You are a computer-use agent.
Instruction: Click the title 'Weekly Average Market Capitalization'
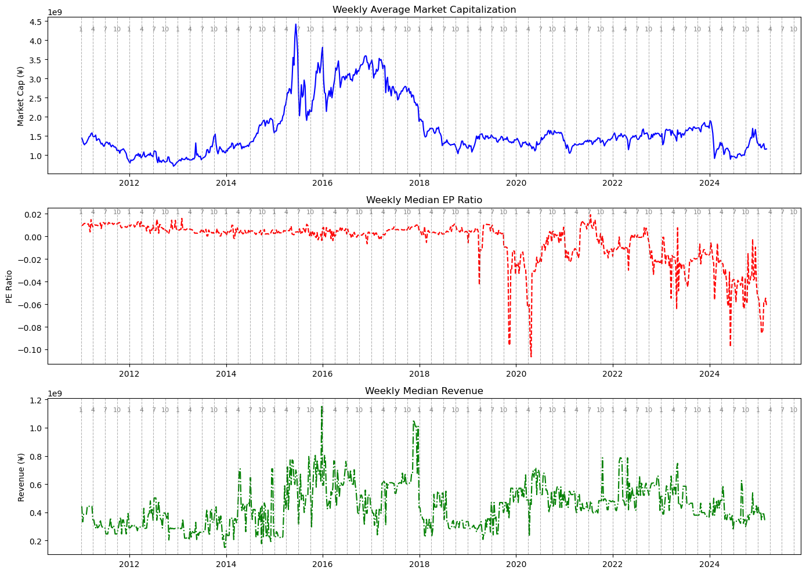424,9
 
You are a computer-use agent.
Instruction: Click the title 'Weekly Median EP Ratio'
424,200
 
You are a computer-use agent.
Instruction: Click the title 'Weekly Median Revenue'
424,391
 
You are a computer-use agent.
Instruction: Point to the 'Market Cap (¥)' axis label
21,96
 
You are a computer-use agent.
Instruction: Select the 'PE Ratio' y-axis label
9,287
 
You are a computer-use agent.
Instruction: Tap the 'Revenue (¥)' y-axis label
21,478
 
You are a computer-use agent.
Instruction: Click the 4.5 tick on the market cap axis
35,22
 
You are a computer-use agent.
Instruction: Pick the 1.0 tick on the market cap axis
35,156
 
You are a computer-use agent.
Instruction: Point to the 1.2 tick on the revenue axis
35,400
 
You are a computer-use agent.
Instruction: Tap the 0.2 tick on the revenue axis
35,541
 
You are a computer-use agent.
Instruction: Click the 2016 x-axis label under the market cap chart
323,183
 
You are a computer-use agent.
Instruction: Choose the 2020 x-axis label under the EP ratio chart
516,374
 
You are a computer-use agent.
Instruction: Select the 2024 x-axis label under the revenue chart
710,564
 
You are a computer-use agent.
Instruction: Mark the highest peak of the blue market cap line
296,24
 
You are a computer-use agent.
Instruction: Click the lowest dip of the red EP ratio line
530,356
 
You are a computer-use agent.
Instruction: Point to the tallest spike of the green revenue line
322,407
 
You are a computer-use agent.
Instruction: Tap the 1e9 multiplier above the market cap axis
54,12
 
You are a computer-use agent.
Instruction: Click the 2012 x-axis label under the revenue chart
129,564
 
